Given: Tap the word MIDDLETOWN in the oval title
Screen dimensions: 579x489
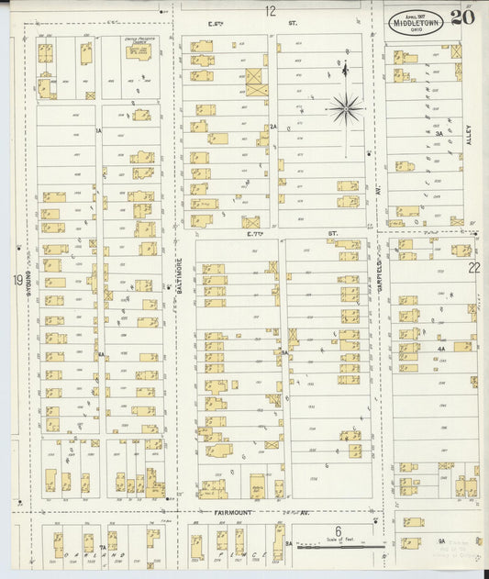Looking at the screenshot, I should point(412,17).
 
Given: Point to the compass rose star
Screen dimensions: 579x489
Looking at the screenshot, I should point(346,109).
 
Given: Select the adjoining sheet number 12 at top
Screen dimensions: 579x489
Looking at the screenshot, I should point(271,11).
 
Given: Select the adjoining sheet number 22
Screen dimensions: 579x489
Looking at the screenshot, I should point(473,267).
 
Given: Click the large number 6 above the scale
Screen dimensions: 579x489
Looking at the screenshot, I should point(338,530).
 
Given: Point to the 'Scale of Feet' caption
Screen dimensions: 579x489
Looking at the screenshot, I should point(338,540).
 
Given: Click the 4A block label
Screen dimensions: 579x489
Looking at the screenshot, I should point(441,350).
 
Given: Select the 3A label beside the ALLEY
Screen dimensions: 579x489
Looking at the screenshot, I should point(439,134).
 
